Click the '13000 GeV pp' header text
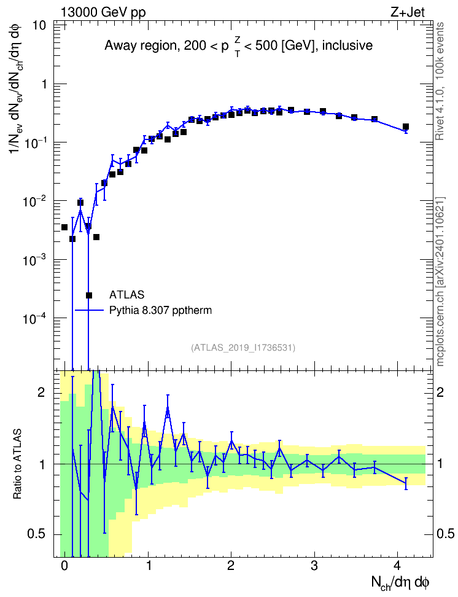pos(103,13)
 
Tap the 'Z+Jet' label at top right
pos(408,12)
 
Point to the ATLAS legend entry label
pos(126,295)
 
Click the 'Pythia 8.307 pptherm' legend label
pos(160,310)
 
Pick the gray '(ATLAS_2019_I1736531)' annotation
pos(243,348)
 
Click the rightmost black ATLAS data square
pos(406,127)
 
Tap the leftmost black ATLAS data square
pos(64,227)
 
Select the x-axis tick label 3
pos(314,566)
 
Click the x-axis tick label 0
pos(64,566)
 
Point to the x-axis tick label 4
pos(397,566)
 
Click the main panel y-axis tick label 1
pos(44,84)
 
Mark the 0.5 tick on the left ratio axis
pos(37,534)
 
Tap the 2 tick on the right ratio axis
pos(440,392)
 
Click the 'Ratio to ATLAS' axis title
pos(17,464)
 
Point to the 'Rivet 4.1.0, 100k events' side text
pos(440,82)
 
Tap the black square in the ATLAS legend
pos(89,295)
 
